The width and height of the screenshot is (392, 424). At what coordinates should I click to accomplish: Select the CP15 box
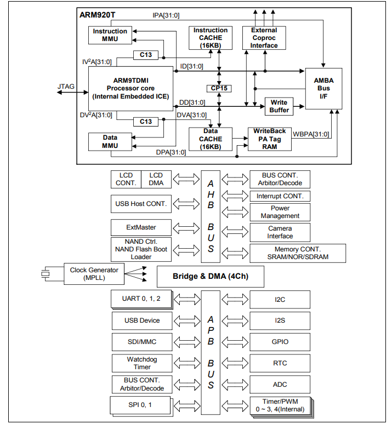point(219,88)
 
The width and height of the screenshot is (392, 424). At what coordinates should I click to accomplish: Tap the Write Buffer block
point(279,106)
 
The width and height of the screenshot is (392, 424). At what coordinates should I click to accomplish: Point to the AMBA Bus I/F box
point(324,88)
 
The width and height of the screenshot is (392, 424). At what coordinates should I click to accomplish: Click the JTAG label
point(66,86)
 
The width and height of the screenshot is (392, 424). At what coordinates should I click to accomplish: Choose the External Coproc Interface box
point(264,38)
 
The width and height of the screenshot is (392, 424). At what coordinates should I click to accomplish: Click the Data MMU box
point(110,141)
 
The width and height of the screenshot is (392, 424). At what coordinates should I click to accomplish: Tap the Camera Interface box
point(280,232)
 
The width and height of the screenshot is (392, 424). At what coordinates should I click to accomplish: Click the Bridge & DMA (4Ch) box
point(211,276)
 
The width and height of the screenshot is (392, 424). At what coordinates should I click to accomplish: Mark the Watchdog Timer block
point(142,363)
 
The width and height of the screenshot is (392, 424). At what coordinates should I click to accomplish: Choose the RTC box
point(280,363)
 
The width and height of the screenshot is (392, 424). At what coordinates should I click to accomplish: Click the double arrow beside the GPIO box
point(235,342)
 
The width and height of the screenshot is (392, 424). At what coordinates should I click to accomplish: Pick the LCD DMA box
point(156,179)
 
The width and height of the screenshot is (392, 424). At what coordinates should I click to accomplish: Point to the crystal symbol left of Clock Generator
point(47,273)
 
